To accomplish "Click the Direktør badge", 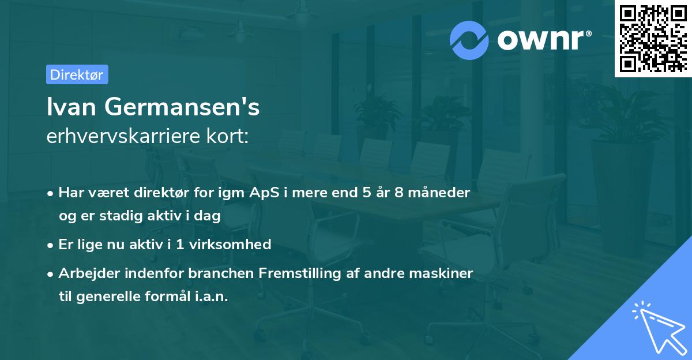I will pos(77,74).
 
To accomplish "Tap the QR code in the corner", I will pos(652,38).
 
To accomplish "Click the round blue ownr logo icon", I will pos(469,40).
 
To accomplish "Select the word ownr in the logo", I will pos(542,40).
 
